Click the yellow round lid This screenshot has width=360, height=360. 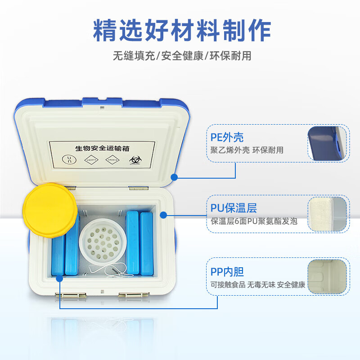pos(48,211)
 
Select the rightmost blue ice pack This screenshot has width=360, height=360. pos(146,243)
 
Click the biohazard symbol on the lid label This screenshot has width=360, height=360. pos(135,160)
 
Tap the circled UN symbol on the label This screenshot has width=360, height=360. pos(69,159)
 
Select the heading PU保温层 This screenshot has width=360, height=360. pos(234,208)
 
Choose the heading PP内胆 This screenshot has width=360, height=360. pos(227,272)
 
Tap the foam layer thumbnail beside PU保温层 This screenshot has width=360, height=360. pos(328,214)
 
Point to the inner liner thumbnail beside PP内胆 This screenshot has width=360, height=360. pos(328,278)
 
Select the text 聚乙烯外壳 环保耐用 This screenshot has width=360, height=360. pos(247,150)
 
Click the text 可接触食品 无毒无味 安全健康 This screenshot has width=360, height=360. pos(258,284)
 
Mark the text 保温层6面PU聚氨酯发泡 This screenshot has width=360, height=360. pos(254,221)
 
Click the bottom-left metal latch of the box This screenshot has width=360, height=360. pos(71,295)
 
